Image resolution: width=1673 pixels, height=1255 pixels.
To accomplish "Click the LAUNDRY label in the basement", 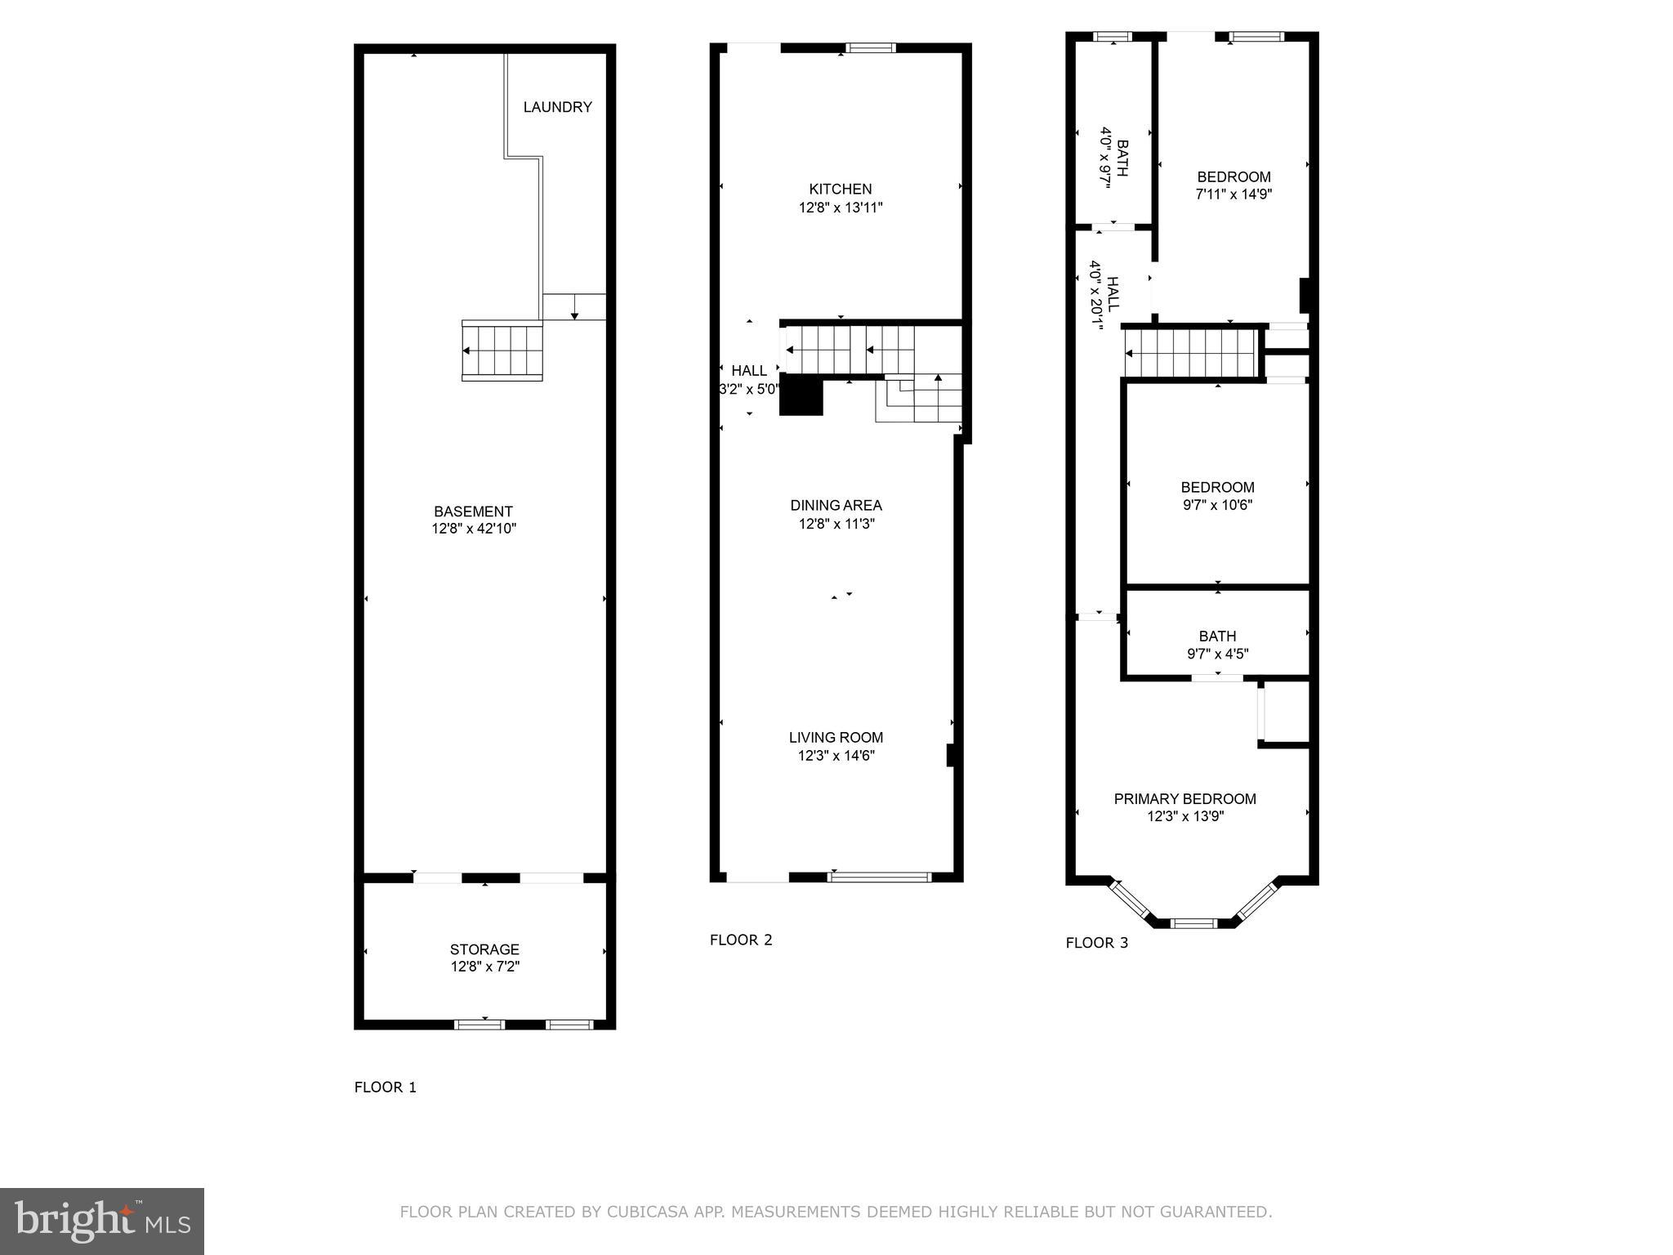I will coord(557,107).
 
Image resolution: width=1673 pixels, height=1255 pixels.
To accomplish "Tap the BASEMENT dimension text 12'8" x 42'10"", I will coord(474,529).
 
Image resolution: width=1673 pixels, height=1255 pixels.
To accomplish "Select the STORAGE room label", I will coord(484,949).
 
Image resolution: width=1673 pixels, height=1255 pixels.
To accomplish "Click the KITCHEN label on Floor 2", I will coord(840,189).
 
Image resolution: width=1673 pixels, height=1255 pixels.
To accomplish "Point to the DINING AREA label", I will coord(836,505).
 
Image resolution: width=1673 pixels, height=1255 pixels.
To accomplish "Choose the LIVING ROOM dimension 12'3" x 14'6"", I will coord(836,756).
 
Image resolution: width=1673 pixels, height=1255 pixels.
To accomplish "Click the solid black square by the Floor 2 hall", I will coord(801,397).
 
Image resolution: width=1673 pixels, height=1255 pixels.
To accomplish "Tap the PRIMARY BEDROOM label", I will coord(1184,798).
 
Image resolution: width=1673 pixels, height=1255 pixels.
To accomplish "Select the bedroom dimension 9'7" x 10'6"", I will coord(1217,505).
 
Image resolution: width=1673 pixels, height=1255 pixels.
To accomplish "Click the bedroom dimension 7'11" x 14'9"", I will coord(1234,194).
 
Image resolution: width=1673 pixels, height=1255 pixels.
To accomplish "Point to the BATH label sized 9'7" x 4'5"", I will coord(1217,636).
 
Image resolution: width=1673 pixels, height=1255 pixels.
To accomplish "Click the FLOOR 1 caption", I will coord(385,1087).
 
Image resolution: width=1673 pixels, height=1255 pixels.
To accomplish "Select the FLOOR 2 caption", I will coord(740,940).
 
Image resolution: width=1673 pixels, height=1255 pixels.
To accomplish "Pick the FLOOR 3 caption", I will coord(1096,943).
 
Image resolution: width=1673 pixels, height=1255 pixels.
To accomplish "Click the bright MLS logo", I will coord(102,1221).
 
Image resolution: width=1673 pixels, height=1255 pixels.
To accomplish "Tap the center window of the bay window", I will coord(1193,923).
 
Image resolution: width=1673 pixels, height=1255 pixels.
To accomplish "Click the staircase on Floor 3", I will coord(1190,354).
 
